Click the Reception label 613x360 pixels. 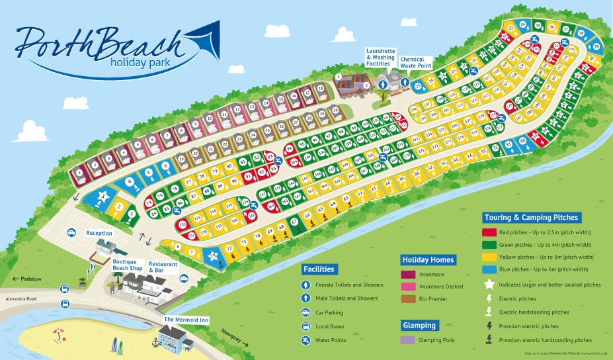click(99, 234)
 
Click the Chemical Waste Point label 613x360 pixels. click(412, 62)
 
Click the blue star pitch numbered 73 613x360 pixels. click(214, 256)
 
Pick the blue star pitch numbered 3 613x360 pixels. click(103, 196)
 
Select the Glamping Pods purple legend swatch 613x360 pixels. click(409, 340)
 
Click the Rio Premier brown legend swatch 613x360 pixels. click(409, 299)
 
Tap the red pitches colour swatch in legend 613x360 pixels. click(490, 232)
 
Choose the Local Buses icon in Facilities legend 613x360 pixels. click(306, 326)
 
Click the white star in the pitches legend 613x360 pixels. click(490, 285)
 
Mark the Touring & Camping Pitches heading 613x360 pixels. click(532, 217)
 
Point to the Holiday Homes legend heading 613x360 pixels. click(429, 259)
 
